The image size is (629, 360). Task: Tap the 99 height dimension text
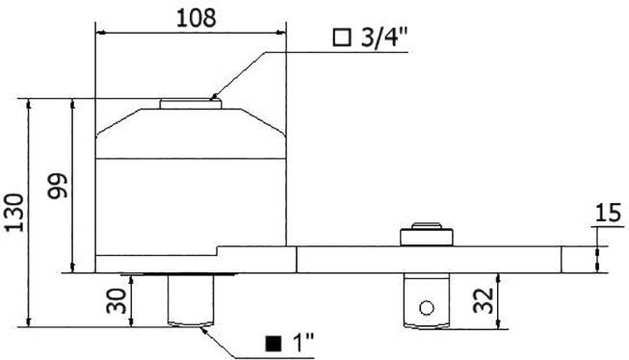(56, 186)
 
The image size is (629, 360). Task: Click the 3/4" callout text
(383, 39)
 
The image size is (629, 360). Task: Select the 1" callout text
(303, 343)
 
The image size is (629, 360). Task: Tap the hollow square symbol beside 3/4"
(341, 39)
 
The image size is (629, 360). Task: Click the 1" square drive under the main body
(189, 299)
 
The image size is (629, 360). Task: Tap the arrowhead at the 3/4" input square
(215, 97)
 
